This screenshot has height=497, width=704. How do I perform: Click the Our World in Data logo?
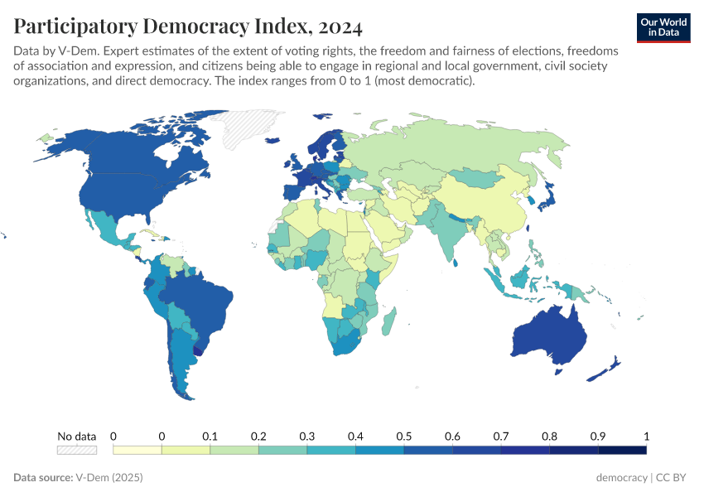click(x=663, y=27)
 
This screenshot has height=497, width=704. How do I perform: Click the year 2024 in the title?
click(x=337, y=27)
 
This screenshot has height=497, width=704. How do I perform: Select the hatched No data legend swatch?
click(x=76, y=450)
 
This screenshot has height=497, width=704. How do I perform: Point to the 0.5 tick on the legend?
click(x=403, y=436)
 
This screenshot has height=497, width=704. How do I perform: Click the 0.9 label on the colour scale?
click(x=597, y=436)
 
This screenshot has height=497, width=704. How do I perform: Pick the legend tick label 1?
click(x=646, y=436)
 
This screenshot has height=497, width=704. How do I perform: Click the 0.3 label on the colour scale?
click(x=306, y=436)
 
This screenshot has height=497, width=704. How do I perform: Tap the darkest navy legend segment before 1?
click(x=621, y=450)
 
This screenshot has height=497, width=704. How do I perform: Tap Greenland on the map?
click(x=248, y=128)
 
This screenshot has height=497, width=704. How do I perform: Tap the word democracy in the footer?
click(x=621, y=478)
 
